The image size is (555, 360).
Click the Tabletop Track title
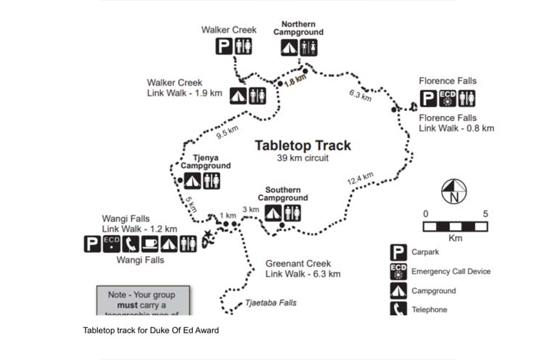(x=303, y=145)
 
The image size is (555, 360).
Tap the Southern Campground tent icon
(x=273, y=213)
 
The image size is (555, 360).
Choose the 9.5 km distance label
(x=227, y=134)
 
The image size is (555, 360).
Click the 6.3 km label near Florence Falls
(x=360, y=95)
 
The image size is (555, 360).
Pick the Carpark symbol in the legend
(x=398, y=253)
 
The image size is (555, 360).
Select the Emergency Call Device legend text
(x=451, y=271)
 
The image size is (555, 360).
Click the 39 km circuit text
(x=303, y=157)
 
